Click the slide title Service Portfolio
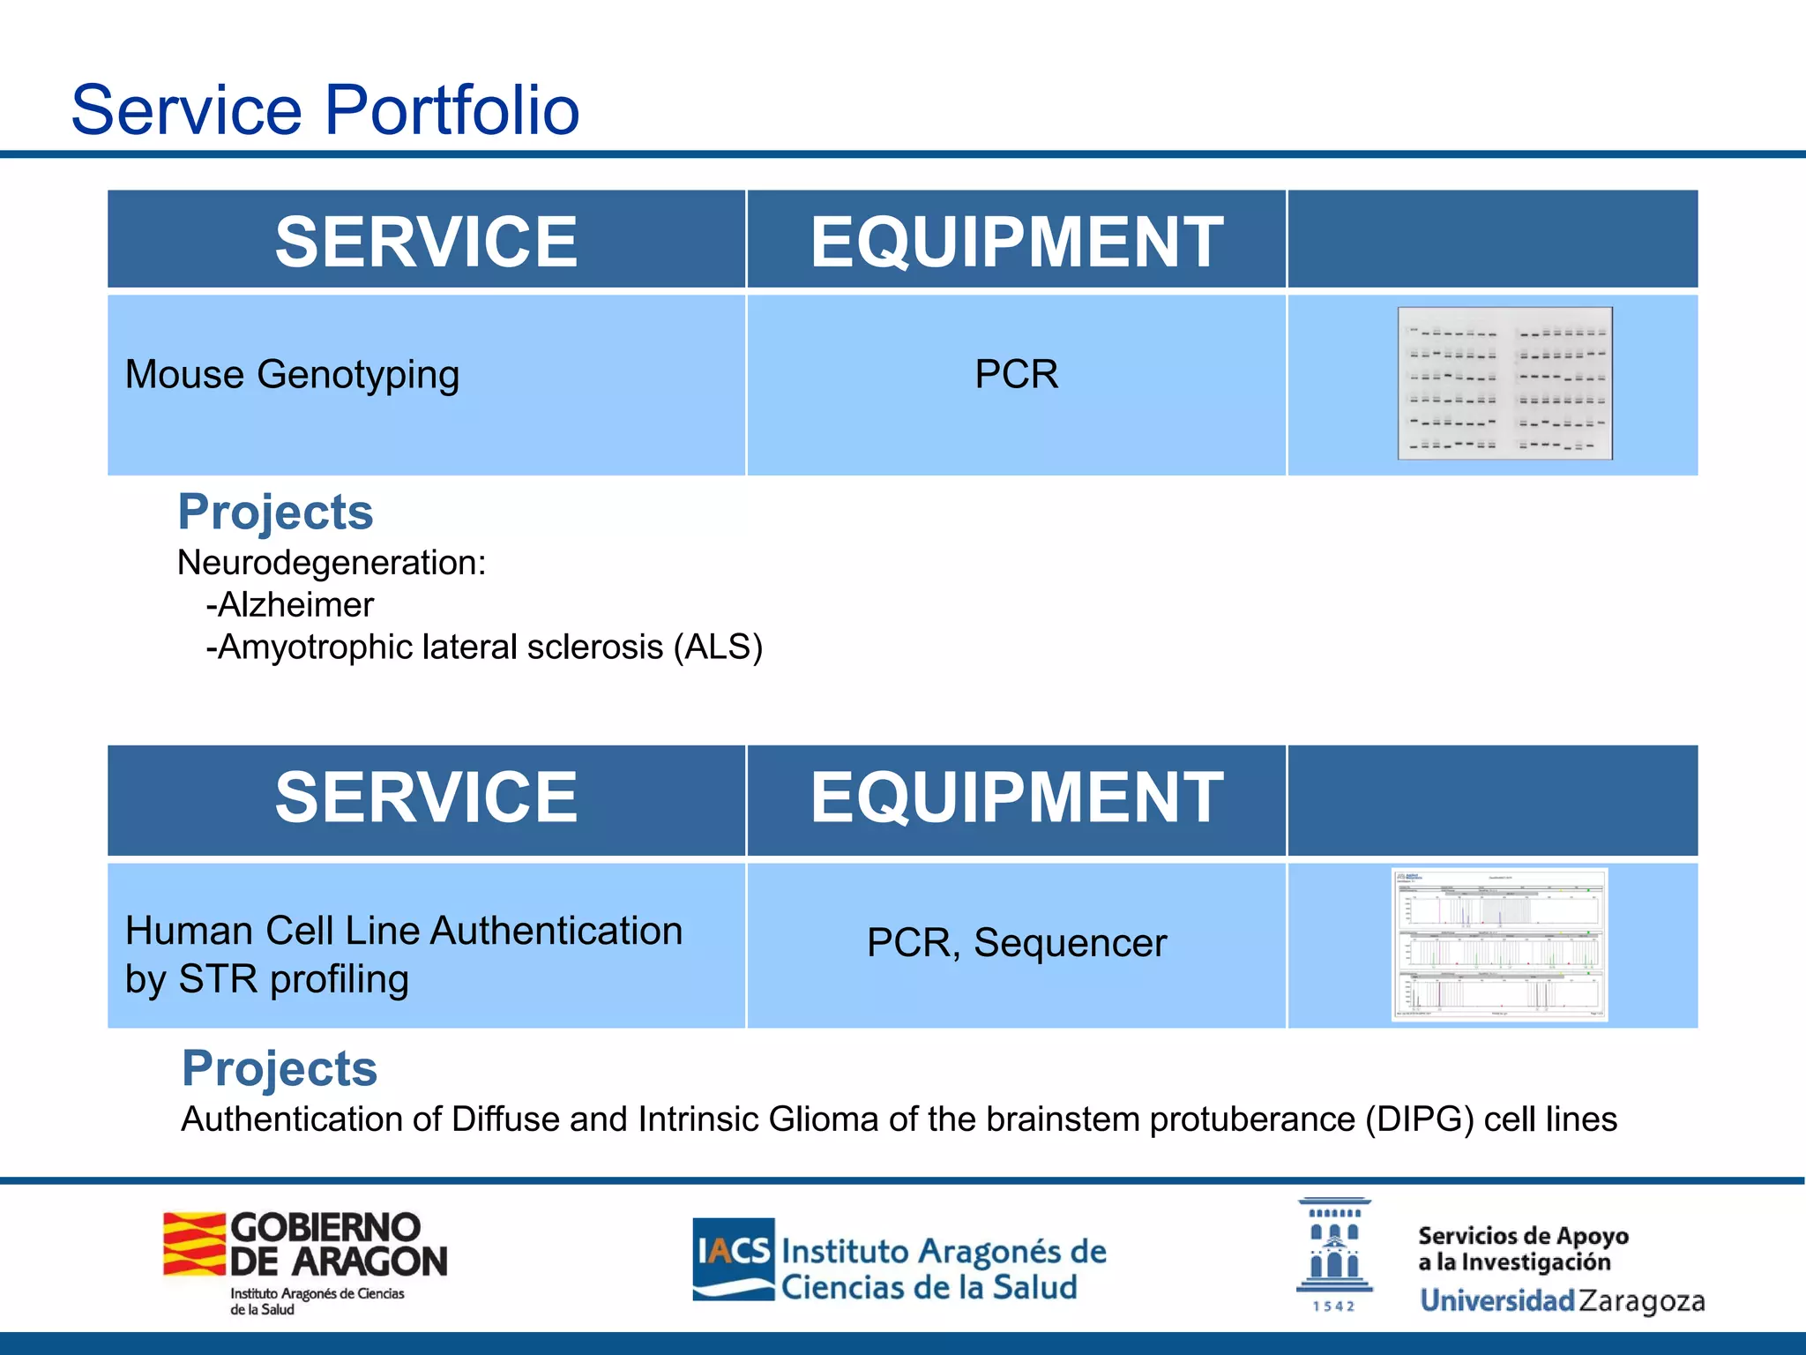click(325, 110)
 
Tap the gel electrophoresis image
click(1504, 384)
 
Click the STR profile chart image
click(1499, 944)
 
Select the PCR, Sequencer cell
click(1016, 943)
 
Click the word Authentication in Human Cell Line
click(556, 932)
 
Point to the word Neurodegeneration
click(331, 563)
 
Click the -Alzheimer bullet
click(290, 605)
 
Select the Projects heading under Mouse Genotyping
click(275, 512)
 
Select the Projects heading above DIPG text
click(280, 1068)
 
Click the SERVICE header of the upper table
click(426, 242)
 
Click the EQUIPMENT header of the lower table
click(1016, 797)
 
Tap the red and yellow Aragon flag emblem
click(194, 1244)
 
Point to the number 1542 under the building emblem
click(1333, 1306)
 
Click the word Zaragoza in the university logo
click(1641, 1301)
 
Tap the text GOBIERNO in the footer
click(325, 1227)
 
